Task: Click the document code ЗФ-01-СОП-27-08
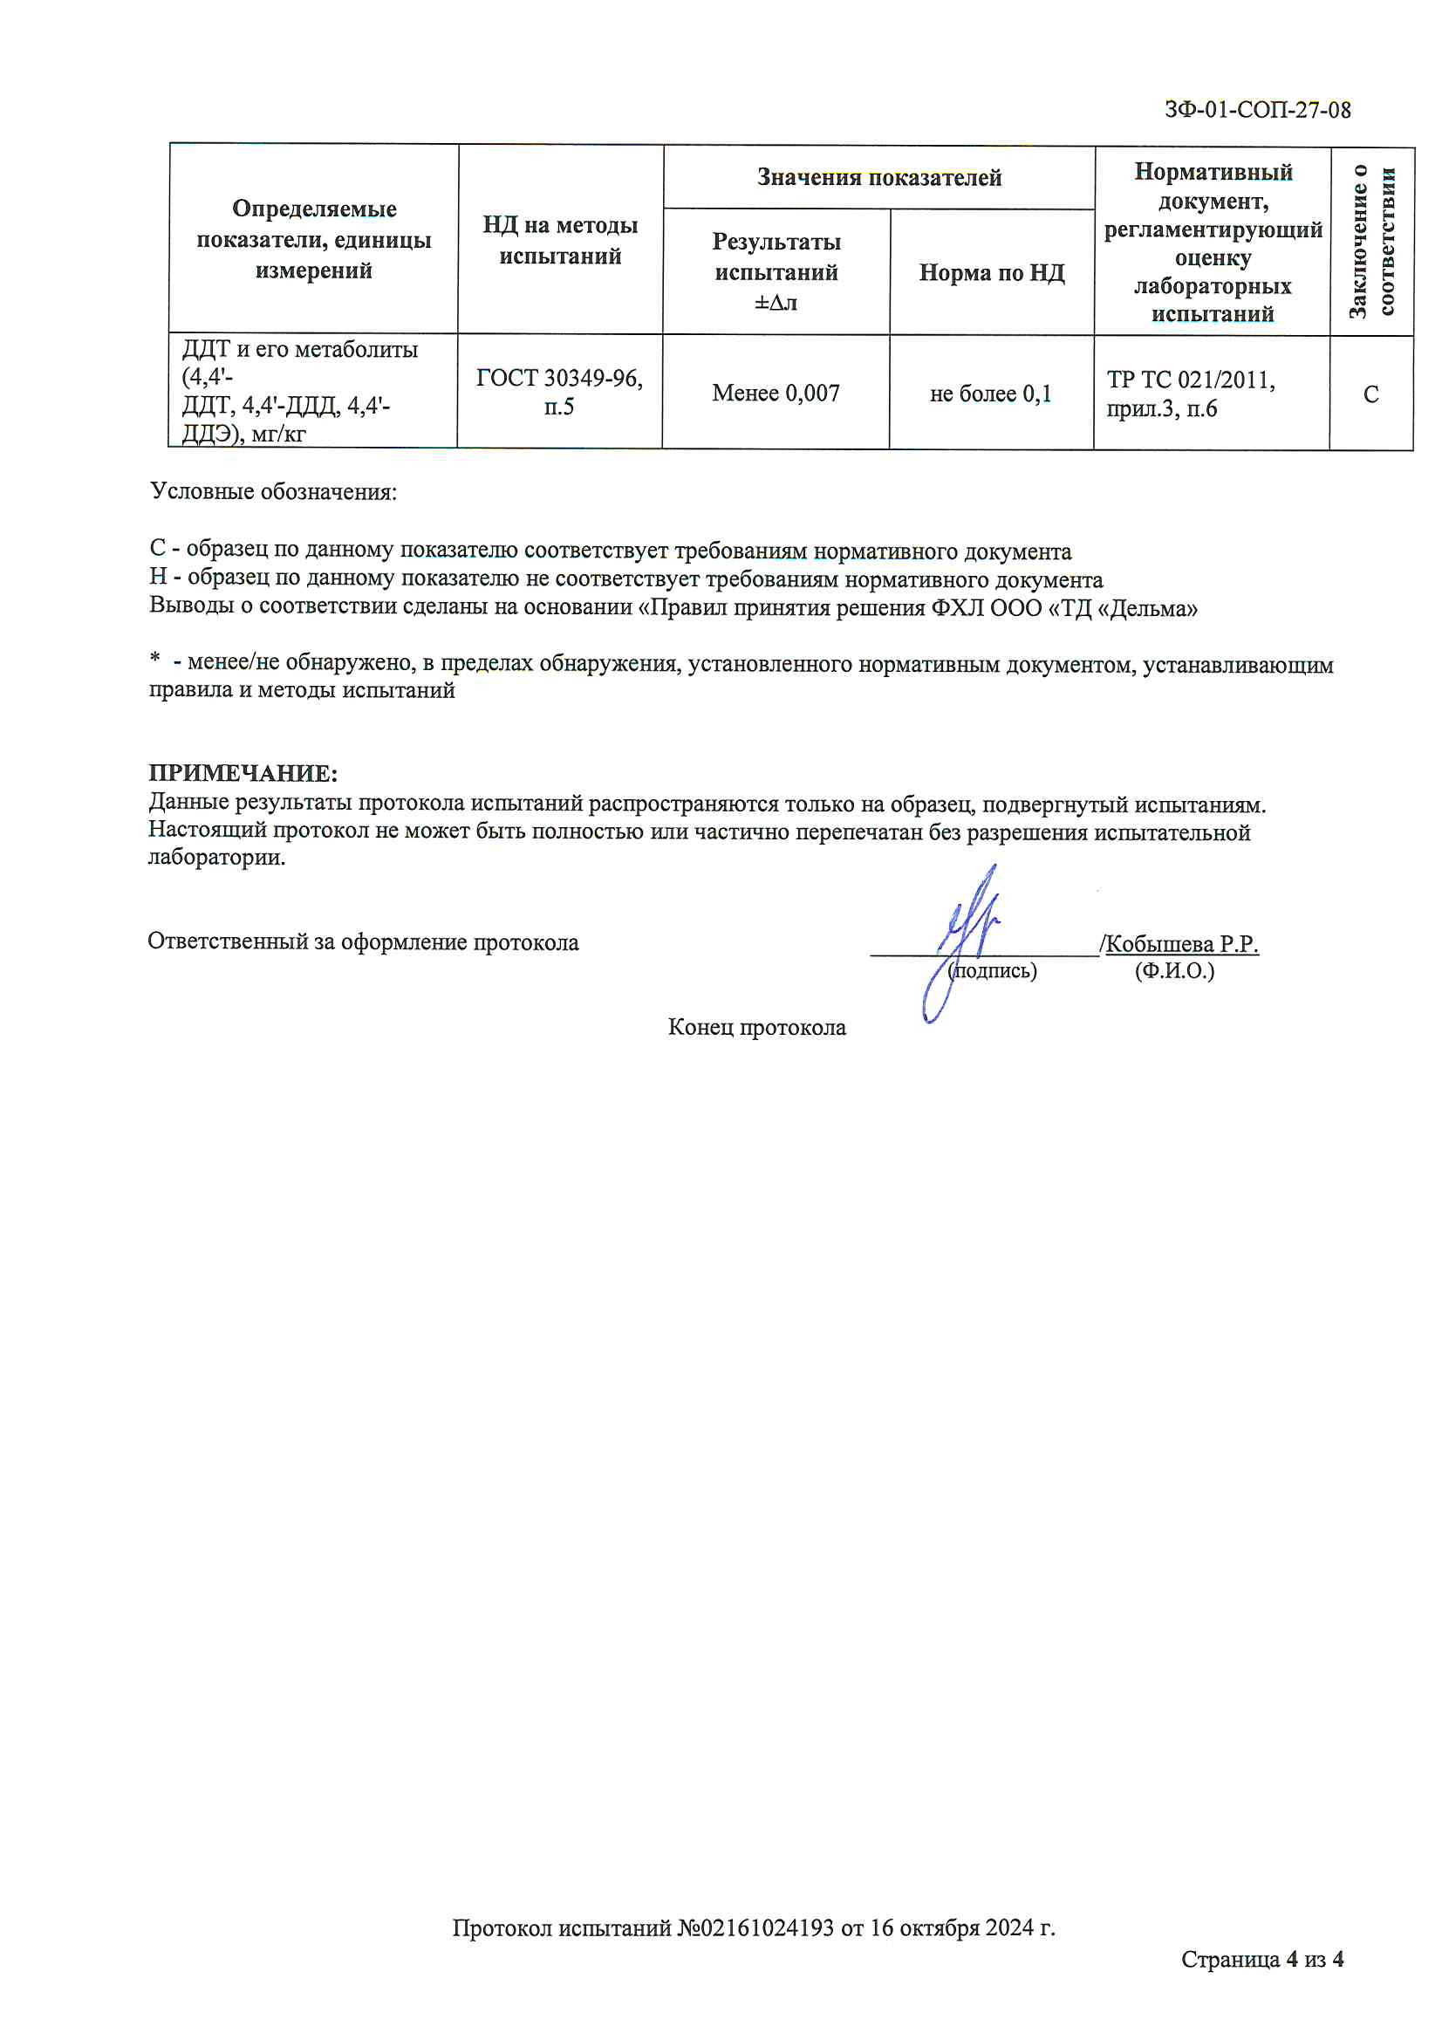pos(1257,110)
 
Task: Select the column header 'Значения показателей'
pos(878,178)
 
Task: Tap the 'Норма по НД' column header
pos(992,273)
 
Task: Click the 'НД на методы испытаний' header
pos(560,240)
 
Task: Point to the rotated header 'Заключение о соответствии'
pos(1372,241)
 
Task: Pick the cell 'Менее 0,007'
pos(776,393)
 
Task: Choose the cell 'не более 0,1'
pos(991,394)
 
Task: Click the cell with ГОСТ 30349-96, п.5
pos(559,392)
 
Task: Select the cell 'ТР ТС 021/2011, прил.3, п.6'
pos(1191,394)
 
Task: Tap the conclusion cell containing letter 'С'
pos(1371,394)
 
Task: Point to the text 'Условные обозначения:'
pos(274,491)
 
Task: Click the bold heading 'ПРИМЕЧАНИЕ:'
pos(243,772)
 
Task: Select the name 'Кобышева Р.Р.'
pos(1182,943)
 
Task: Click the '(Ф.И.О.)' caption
pos(1173,970)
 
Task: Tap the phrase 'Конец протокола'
pos(756,1027)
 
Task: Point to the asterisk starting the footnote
pos(155,660)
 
